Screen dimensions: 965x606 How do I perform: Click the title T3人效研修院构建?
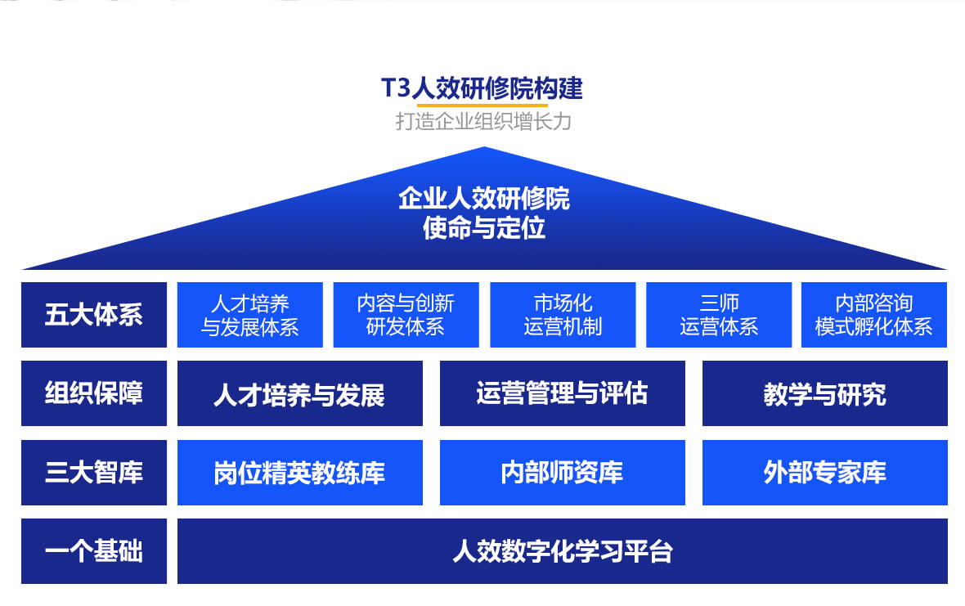pos(482,88)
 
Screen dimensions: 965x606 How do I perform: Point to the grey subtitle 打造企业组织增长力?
pos(483,121)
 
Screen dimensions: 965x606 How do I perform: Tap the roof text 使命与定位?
pos(484,228)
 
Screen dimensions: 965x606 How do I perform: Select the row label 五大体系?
pos(94,314)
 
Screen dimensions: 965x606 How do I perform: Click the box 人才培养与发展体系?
pos(250,314)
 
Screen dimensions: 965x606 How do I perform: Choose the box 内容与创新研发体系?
pos(406,314)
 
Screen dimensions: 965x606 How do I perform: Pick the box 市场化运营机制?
pos(563,314)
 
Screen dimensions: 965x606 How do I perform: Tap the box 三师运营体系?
pos(719,314)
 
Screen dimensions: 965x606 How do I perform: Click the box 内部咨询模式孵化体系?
pos(874,314)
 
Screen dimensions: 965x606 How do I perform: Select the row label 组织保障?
pos(94,393)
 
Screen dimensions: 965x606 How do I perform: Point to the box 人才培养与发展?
pos(299,393)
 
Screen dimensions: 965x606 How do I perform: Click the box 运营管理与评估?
pos(563,393)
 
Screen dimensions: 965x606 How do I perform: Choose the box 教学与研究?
pos(824,393)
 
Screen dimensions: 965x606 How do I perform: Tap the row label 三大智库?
pos(94,473)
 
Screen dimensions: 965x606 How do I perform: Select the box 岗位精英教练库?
pos(299,473)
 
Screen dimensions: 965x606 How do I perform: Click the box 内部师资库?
pos(563,473)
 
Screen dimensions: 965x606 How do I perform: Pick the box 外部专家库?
pos(824,473)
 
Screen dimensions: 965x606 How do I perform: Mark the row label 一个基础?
pos(94,551)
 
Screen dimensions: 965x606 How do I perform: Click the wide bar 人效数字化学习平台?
pos(563,551)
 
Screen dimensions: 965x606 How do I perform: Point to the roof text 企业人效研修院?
pos(484,199)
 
